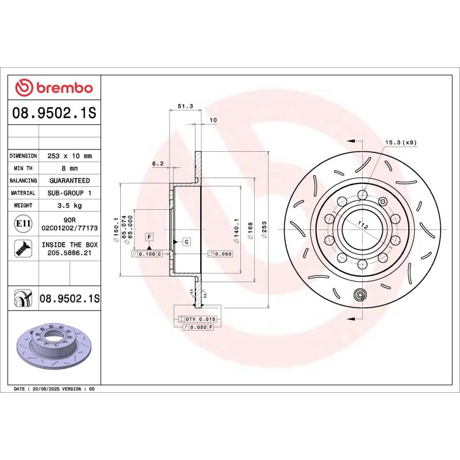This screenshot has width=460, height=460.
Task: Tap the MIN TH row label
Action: tap(24, 168)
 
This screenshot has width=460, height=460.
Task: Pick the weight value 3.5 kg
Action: tap(70, 205)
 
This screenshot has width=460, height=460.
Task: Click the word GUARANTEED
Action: tap(70, 181)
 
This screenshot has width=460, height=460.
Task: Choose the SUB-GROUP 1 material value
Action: tap(70, 193)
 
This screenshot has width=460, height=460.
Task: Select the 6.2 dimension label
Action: tap(158, 164)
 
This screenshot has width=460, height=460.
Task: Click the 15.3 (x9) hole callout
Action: tap(400, 142)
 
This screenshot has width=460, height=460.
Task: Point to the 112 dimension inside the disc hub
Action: tap(363, 226)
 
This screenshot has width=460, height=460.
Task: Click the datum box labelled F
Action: tap(148, 236)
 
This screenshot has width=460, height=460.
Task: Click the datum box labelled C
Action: tap(187, 241)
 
